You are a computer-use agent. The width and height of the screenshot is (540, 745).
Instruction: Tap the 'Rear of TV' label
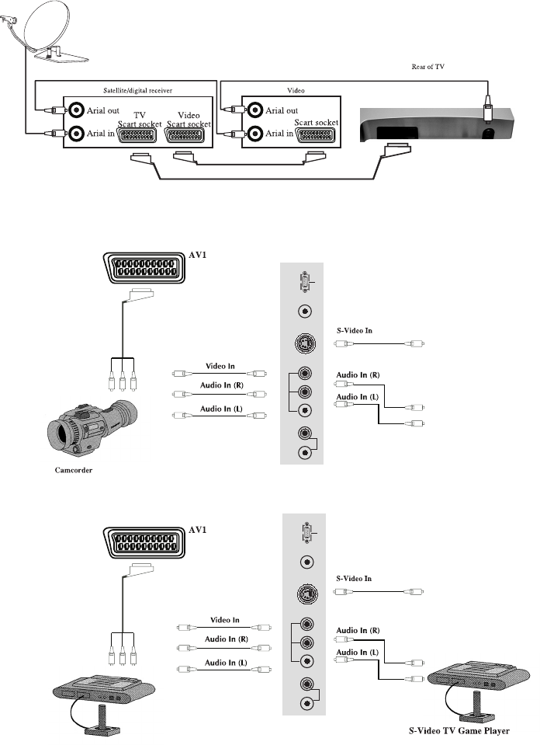[427, 67]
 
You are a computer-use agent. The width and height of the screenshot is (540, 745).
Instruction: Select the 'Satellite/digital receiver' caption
[137, 90]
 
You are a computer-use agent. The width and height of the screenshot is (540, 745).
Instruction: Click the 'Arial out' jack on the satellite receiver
[76, 110]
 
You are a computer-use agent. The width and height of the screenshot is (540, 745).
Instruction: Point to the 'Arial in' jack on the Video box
[255, 133]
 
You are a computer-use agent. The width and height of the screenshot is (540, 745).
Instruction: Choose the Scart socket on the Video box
[317, 135]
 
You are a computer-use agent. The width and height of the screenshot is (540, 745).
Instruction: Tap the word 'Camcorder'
[73, 470]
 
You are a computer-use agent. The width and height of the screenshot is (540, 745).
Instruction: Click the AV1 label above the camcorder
[197, 255]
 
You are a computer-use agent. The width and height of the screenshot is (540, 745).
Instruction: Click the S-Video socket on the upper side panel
[305, 343]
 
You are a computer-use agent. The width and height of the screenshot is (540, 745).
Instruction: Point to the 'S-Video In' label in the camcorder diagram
[355, 331]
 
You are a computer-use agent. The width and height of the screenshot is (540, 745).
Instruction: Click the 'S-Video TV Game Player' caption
[459, 731]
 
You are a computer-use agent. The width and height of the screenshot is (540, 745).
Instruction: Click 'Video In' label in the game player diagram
[224, 620]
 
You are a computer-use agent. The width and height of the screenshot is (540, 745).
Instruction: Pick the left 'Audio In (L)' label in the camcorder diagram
[221, 409]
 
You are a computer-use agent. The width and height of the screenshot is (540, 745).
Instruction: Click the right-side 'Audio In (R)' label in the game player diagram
[358, 631]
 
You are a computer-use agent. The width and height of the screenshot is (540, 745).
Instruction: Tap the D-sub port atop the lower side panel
[307, 533]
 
